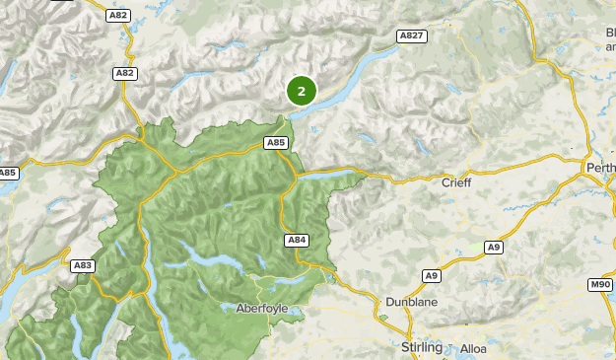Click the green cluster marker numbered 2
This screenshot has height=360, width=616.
pyautogui.click(x=302, y=91)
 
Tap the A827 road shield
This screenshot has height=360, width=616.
pyautogui.click(x=411, y=36)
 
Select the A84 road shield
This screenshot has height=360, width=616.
pyautogui.click(x=297, y=240)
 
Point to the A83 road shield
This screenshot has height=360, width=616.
pyautogui.click(x=83, y=265)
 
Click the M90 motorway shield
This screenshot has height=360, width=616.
pyautogui.click(x=600, y=284)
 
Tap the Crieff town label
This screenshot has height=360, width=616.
pyautogui.click(x=456, y=182)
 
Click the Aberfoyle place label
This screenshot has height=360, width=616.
pyautogui.click(x=262, y=308)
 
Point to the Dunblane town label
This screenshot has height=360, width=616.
pyautogui.click(x=411, y=301)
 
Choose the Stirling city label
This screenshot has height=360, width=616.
pyautogui.click(x=423, y=347)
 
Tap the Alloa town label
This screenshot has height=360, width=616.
pyautogui.click(x=473, y=348)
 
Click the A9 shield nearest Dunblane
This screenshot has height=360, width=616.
pyautogui.click(x=431, y=275)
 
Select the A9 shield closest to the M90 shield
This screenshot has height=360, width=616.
pyautogui.click(x=493, y=247)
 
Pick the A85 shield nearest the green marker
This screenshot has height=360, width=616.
pyautogui.click(x=276, y=143)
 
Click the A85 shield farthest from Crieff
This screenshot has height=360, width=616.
pyautogui.click(x=8, y=173)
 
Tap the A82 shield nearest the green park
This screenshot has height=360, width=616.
pyautogui.click(x=124, y=73)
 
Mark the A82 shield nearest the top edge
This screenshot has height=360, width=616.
pyautogui.click(x=119, y=15)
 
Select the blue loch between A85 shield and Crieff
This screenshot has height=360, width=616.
pyautogui.click(x=335, y=174)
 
